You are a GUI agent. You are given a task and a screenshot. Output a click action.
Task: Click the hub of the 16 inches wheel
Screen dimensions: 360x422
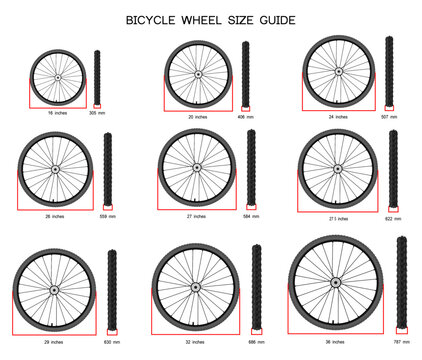pyautogui.click(x=57, y=77)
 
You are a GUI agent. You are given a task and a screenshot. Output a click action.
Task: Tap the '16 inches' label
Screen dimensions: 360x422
pyautogui.click(x=56, y=114)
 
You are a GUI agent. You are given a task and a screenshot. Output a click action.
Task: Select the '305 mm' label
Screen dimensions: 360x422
pyautogui.click(x=96, y=114)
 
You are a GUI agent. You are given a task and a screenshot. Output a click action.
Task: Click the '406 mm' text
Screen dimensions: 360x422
pyautogui.click(x=246, y=116)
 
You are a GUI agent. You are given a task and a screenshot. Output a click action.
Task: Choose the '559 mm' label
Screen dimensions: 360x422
pyautogui.click(x=107, y=215)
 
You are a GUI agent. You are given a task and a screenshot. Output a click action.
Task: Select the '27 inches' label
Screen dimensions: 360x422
pyautogui.click(x=197, y=215)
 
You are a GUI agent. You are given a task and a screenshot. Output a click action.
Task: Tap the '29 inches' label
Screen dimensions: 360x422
pyautogui.click(x=56, y=342)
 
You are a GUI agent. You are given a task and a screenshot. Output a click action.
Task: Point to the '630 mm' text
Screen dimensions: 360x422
pyautogui.click(x=112, y=342)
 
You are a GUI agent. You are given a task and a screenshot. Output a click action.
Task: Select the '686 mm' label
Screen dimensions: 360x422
pyautogui.click(x=256, y=342)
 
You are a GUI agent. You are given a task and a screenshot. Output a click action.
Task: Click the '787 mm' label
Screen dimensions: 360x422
pyautogui.click(x=401, y=342)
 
